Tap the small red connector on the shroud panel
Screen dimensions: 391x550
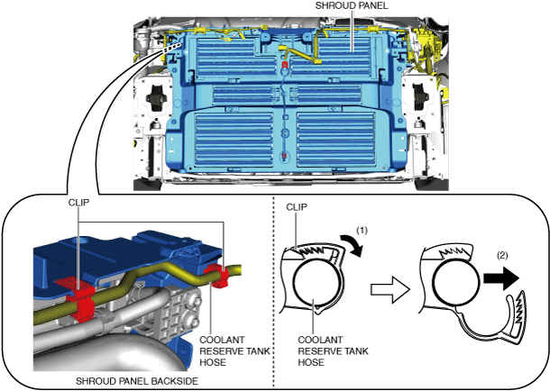[286, 66]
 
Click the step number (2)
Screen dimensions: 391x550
[502, 254]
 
